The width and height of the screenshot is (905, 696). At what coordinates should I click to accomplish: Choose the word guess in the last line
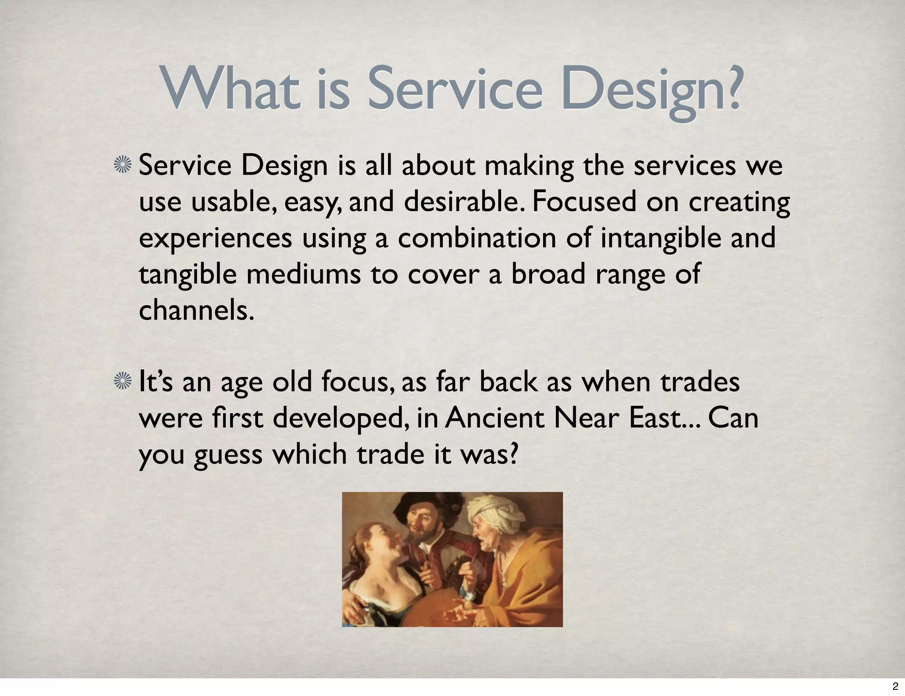[228, 455]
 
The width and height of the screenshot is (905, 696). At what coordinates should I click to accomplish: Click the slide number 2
[895, 686]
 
